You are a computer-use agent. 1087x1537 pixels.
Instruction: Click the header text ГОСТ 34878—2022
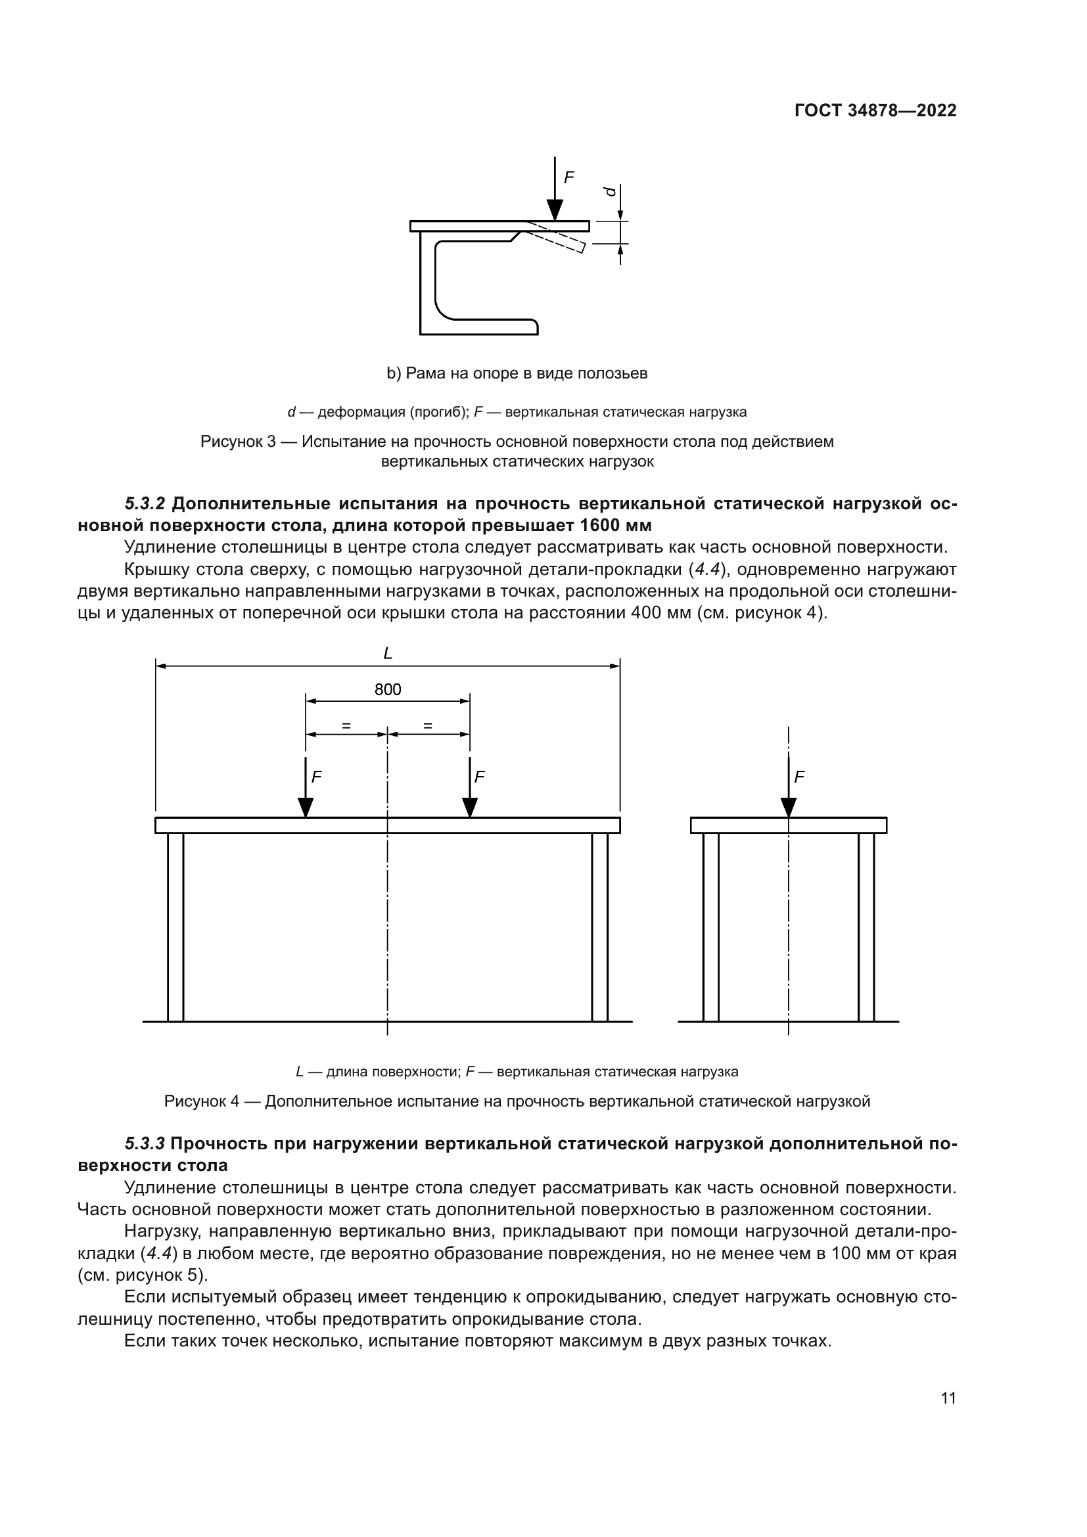tap(875, 110)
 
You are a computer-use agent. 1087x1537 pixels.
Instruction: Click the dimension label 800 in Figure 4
tap(388, 689)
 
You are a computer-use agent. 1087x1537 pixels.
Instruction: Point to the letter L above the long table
tap(388, 654)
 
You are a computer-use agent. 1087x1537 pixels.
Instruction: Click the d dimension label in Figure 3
tap(610, 191)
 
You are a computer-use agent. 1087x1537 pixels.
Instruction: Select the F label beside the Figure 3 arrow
tap(569, 177)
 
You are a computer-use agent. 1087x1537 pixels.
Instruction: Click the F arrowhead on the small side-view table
tap(789, 808)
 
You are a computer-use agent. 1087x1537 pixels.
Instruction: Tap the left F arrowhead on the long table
tap(306, 808)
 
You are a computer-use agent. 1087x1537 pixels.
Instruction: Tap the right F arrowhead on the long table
tap(470, 808)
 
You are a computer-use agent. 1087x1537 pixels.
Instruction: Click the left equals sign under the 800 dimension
tap(346, 725)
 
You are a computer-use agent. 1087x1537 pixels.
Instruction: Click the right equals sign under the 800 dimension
tap(428, 725)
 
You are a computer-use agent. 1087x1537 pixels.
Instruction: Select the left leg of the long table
tap(175, 927)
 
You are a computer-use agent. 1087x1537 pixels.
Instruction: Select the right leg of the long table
tap(600, 927)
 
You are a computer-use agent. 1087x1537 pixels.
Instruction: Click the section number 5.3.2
tap(145, 503)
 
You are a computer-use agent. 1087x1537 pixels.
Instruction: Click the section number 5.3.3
tap(145, 1143)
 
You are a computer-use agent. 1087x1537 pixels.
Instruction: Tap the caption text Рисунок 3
tap(238, 442)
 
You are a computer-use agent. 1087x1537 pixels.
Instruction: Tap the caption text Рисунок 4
tap(202, 1101)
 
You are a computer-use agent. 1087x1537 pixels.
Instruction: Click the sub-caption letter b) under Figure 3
tap(393, 373)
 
